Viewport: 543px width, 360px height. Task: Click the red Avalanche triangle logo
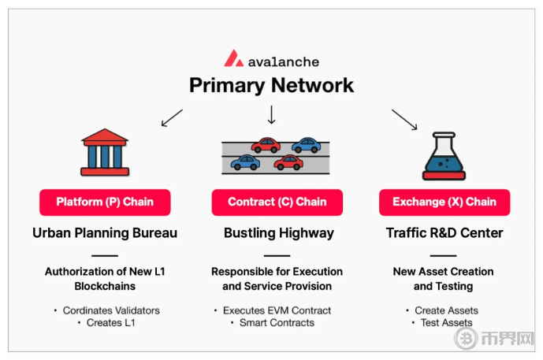pyautogui.click(x=233, y=59)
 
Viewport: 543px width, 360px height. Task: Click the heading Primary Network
pyautogui.click(x=271, y=85)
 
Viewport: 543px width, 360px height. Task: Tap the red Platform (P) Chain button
pyautogui.click(x=105, y=202)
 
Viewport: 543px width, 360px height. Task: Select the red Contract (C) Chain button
pyautogui.click(x=277, y=202)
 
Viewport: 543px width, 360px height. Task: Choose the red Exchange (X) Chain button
pyautogui.click(x=444, y=202)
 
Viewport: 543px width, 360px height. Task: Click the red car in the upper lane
pyautogui.click(x=266, y=146)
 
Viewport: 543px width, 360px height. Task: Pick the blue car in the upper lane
pyautogui.click(x=306, y=146)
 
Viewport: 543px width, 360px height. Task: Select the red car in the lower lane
pyautogui.click(x=288, y=162)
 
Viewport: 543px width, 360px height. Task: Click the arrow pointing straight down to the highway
pyautogui.click(x=272, y=116)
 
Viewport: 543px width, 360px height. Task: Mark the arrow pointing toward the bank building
pyautogui.click(x=171, y=118)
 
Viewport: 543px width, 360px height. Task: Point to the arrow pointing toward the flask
pyautogui.click(x=404, y=120)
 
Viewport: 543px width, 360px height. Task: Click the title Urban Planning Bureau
pyautogui.click(x=105, y=233)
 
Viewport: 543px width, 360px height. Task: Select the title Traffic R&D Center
pyautogui.click(x=444, y=233)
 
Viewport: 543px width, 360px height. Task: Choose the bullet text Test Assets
pyautogui.click(x=447, y=322)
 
